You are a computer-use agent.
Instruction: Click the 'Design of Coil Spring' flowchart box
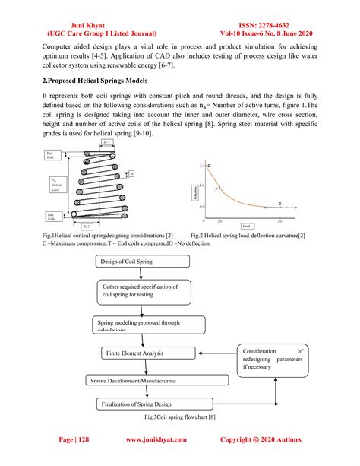point(141,262)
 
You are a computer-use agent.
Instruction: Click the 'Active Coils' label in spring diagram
point(50,185)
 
